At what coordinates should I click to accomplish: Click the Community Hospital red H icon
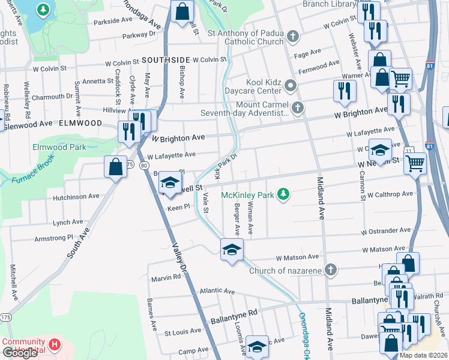[55, 344]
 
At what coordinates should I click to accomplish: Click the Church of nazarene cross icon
[330, 270]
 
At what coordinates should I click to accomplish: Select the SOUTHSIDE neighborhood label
[166, 60]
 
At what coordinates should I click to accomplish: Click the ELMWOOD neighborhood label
[80, 123]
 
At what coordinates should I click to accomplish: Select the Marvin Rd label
[166, 278]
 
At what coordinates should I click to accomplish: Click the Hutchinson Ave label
[76, 196]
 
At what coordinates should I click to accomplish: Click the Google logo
[20, 353]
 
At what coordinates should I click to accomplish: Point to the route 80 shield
[144, 166]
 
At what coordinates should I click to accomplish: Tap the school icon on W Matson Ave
[231, 250]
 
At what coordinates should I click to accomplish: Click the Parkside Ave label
[112, 20]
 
